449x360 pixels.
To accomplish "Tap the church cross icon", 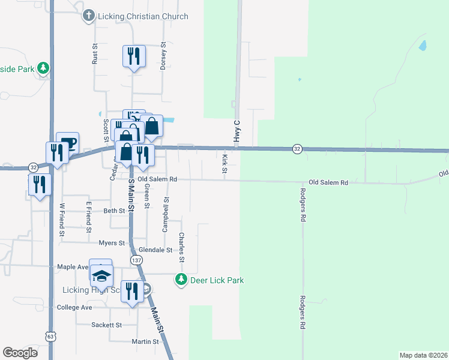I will (x=89, y=16).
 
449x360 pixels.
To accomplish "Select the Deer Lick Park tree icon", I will (x=181, y=280).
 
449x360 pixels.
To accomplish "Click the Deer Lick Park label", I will (x=217, y=280).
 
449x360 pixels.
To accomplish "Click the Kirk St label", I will (x=224, y=164).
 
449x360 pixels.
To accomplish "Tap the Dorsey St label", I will (x=163, y=56).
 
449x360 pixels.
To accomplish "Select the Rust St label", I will (x=94, y=54).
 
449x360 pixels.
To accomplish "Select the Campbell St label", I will (x=166, y=214).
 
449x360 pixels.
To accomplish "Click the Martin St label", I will (x=146, y=342).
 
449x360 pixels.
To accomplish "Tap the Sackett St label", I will (x=106, y=325).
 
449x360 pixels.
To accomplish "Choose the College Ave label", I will (x=74, y=307).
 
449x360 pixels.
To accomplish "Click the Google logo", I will (x=20, y=352).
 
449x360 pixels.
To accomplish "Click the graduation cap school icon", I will (x=101, y=275).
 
